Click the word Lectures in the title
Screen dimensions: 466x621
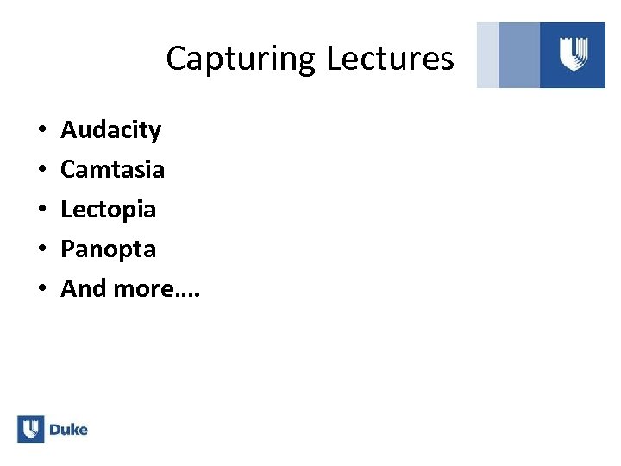pos(390,58)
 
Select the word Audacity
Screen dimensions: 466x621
pos(110,130)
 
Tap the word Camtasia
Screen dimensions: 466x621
pos(112,169)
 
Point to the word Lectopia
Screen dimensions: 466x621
pos(108,210)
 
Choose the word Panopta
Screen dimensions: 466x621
pos(108,249)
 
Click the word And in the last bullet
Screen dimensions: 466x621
pos(83,288)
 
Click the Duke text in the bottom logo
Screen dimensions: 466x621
pos(68,429)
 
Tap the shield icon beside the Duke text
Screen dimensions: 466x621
pos(30,429)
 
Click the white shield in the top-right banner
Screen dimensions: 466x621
pos(573,55)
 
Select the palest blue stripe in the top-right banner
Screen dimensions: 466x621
pos(487,55)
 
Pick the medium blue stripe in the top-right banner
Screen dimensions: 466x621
pos(519,55)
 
